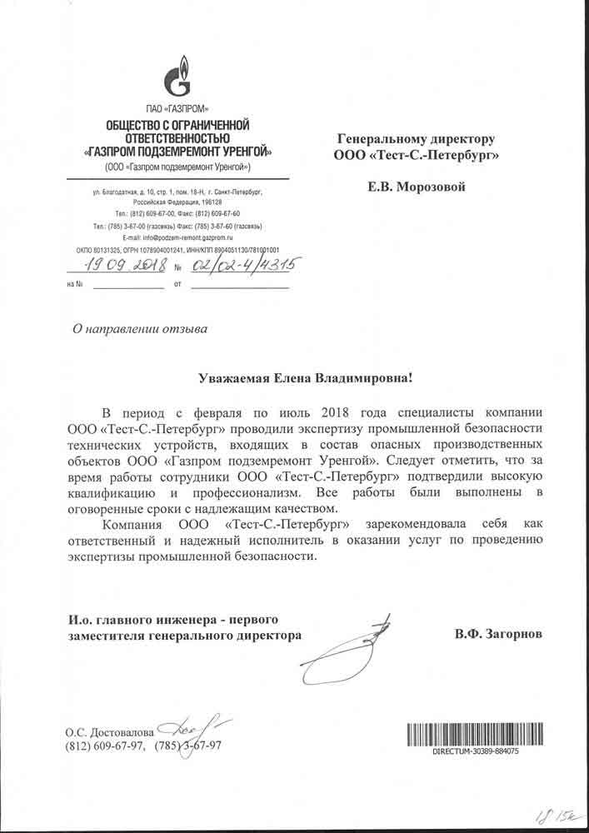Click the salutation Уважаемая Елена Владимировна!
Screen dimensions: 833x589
tap(305, 378)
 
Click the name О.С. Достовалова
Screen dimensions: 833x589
tap(109, 733)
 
